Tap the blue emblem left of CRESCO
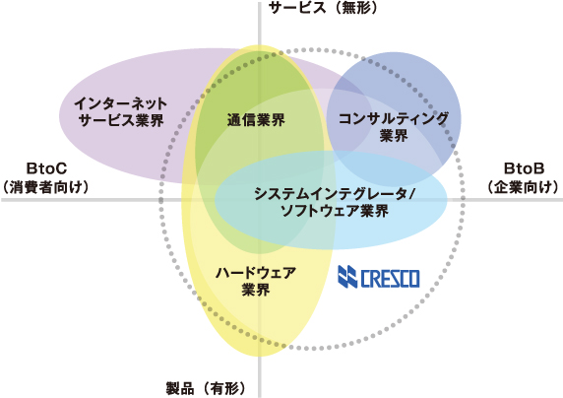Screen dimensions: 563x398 pyautogui.click(x=347, y=277)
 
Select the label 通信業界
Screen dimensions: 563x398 pyautogui.click(x=256, y=120)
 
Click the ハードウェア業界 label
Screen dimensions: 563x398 pyautogui.click(x=256, y=281)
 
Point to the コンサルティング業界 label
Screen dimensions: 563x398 pyautogui.click(x=394, y=126)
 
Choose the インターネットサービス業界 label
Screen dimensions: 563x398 pyautogui.click(x=121, y=111)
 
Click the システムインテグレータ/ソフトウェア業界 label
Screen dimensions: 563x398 pyautogui.click(x=335, y=202)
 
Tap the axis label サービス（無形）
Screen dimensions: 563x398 pyautogui.click(x=323, y=8)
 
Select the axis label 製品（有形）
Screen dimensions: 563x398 pyautogui.click(x=206, y=389)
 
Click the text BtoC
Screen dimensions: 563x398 pyautogui.click(x=46, y=168)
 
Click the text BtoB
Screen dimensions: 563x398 pyautogui.click(x=524, y=168)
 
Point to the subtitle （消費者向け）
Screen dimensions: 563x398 pyautogui.click(x=45, y=187)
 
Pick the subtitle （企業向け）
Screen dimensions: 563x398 pyautogui.click(x=524, y=187)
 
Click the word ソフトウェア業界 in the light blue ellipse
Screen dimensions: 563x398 pyautogui.click(x=335, y=211)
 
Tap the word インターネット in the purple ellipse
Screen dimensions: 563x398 pyautogui.click(x=121, y=103)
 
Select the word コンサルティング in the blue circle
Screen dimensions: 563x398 pyautogui.click(x=394, y=118)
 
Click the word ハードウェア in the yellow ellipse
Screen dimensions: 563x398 pyautogui.click(x=256, y=273)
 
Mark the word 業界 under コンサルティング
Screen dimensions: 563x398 pyautogui.click(x=394, y=136)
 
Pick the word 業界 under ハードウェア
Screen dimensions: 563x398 pyautogui.click(x=256, y=290)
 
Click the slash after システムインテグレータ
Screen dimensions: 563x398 pyautogui.click(x=411, y=194)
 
